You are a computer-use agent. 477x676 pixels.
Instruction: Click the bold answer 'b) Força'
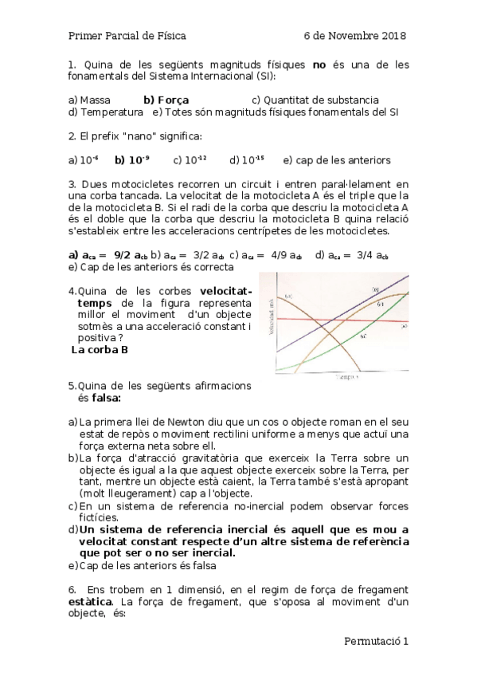(166, 100)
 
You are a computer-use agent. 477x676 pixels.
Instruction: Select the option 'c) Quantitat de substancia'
(315, 100)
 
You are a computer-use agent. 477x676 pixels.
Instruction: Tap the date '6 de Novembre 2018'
(355, 36)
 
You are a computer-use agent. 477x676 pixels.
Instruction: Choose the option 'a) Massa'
(89, 100)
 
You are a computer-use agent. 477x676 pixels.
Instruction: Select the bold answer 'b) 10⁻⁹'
(132, 159)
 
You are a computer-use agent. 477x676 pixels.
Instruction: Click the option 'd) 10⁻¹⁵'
(248, 159)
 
